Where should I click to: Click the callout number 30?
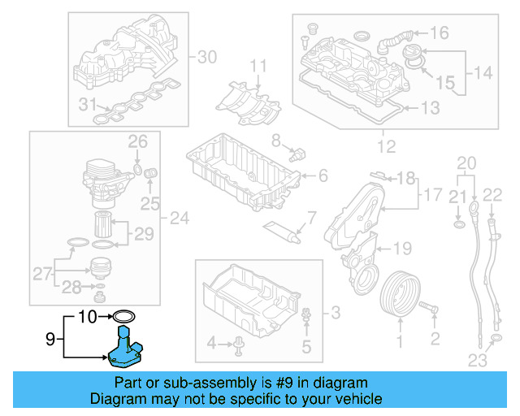tap(208, 57)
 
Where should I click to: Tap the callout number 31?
tap(86, 104)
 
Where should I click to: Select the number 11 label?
tap(258, 66)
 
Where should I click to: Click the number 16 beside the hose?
tap(439, 33)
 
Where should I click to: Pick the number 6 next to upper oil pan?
tap(323, 175)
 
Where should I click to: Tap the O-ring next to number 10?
tap(124, 315)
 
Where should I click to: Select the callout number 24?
tap(179, 217)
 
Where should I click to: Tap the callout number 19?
tap(403, 248)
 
